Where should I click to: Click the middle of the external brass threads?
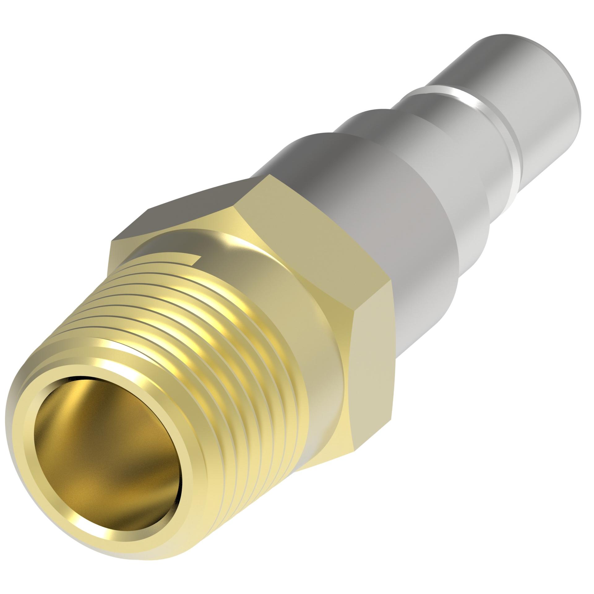[x=173, y=350]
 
